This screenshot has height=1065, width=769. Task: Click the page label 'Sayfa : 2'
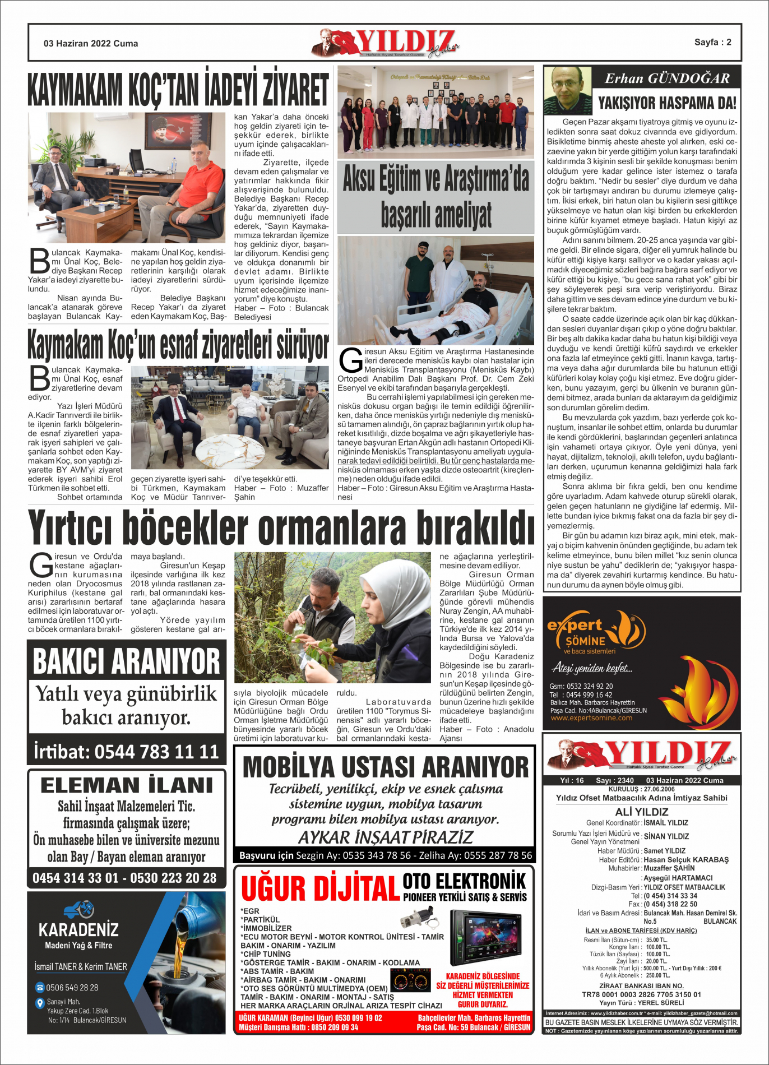coord(712,42)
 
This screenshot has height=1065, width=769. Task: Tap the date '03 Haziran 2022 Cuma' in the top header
coord(91,43)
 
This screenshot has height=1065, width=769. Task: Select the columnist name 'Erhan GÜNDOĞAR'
coord(667,78)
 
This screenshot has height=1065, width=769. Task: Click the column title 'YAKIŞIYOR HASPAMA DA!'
coord(667,103)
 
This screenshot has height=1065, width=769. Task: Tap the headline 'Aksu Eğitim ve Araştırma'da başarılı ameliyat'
coord(436,197)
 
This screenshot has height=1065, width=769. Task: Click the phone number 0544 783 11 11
coord(156,751)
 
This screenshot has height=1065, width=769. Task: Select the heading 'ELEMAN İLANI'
coord(127,785)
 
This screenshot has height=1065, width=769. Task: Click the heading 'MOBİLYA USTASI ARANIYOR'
coord(385,767)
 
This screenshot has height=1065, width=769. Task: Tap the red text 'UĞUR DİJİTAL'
coord(320,889)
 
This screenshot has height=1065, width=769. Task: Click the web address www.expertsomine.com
coord(591,718)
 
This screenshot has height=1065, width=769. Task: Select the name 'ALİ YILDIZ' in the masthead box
coord(642,812)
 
